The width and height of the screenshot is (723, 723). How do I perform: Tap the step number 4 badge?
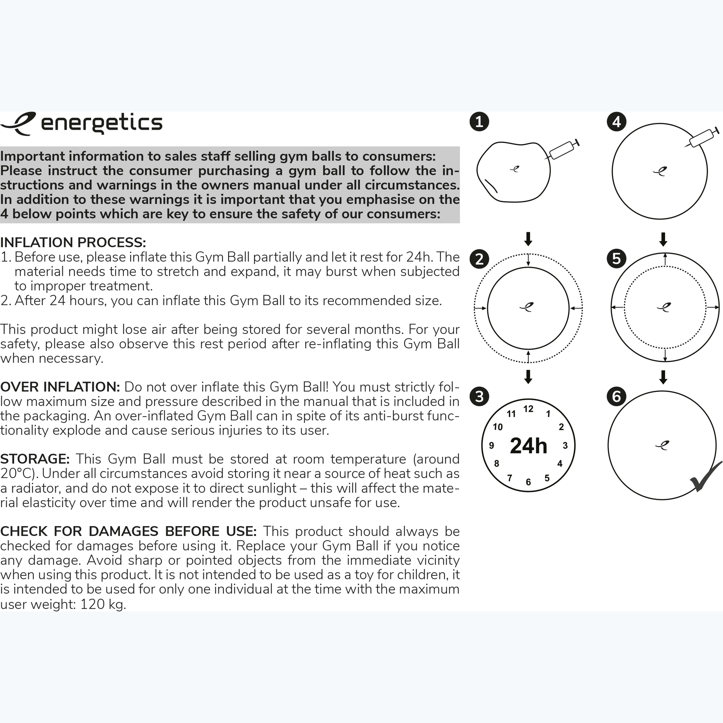(x=616, y=122)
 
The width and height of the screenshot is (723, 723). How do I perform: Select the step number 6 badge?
(x=616, y=396)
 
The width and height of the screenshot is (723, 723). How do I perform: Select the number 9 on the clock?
(x=491, y=445)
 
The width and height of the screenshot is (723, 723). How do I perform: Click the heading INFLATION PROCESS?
(x=73, y=243)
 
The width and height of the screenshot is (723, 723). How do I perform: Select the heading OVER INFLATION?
(x=60, y=387)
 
